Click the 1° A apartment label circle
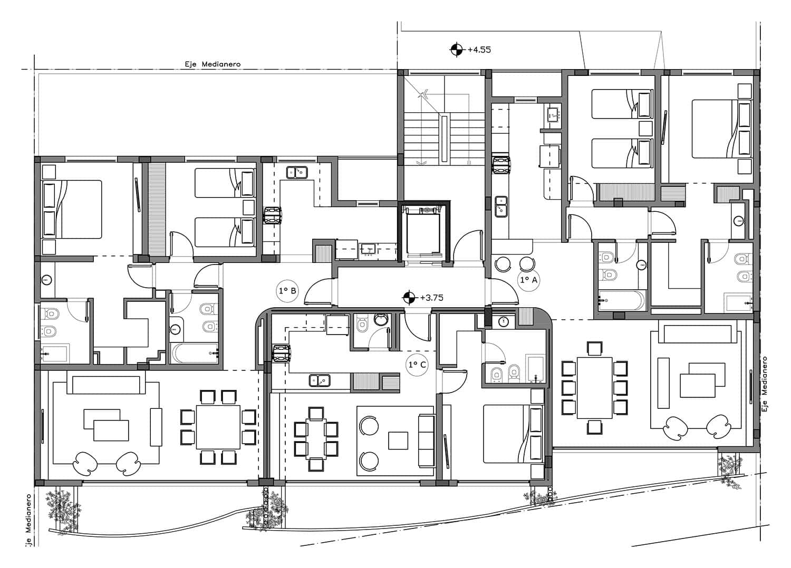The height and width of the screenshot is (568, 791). [x=528, y=280]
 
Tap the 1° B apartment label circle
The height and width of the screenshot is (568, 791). [x=287, y=291]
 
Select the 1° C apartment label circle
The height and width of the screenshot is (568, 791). [x=417, y=365]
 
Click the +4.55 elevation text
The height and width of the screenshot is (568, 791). [x=479, y=50]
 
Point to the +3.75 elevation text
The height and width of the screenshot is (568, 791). [x=431, y=298]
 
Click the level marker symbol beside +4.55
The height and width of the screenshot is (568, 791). [x=456, y=50]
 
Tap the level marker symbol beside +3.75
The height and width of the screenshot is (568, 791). [x=409, y=298]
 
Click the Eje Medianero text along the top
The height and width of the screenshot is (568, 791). [x=213, y=64]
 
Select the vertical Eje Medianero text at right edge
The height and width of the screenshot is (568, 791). [x=765, y=384]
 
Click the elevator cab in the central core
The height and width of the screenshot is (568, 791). [x=423, y=233]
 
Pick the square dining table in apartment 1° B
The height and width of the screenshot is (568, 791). [x=218, y=427]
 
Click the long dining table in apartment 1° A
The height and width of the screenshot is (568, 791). [x=595, y=388]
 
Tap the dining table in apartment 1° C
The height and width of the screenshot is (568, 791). [x=316, y=439]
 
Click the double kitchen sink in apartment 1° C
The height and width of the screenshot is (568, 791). [x=320, y=380]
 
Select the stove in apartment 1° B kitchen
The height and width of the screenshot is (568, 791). [x=273, y=216]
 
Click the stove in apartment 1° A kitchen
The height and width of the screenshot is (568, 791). [x=501, y=165]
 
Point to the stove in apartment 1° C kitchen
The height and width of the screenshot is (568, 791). [x=282, y=353]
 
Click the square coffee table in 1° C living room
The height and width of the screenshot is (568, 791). [x=398, y=440]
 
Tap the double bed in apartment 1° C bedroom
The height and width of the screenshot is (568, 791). [x=513, y=434]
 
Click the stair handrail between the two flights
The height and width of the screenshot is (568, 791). [x=444, y=139]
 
